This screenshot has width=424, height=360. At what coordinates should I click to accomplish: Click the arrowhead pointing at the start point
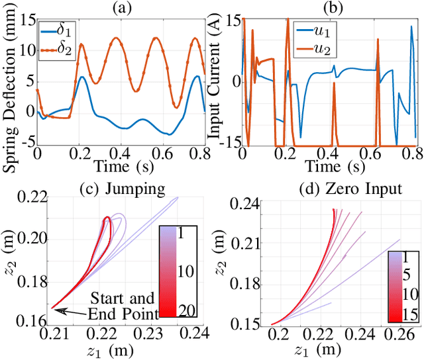tap(56, 309)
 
